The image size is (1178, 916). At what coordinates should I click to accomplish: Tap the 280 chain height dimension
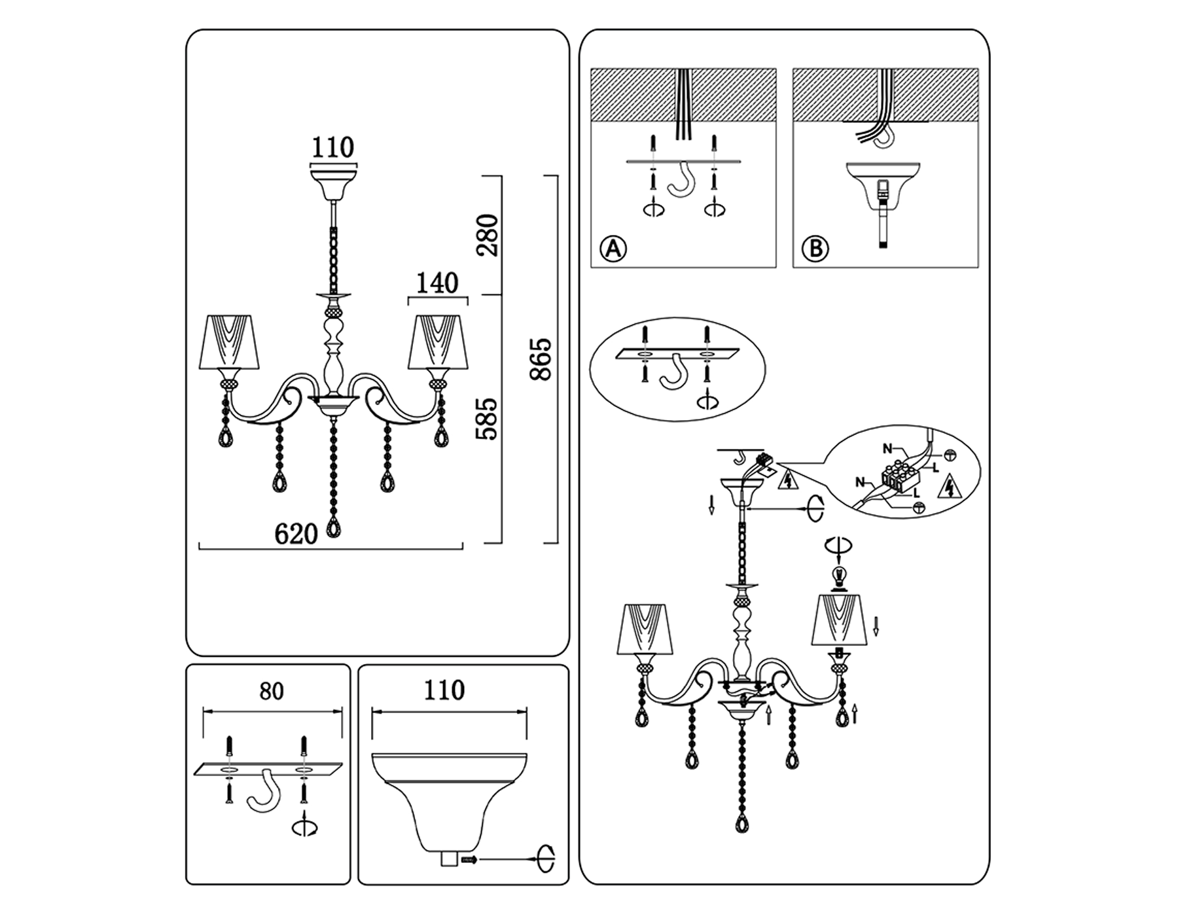click(x=488, y=235)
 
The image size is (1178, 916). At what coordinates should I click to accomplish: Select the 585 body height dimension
click(x=488, y=419)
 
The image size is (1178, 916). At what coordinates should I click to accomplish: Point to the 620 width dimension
click(x=296, y=534)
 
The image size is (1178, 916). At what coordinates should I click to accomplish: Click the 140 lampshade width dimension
click(x=437, y=284)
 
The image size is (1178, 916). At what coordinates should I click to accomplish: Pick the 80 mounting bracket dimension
click(x=272, y=692)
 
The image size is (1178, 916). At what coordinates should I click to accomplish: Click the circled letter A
click(x=613, y=249)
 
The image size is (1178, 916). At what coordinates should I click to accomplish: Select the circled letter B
click(x=815, y=249)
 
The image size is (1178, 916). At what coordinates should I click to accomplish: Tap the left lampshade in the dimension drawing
click(x=228, y=342)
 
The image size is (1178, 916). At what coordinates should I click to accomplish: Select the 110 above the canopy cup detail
click(x=444, y=691)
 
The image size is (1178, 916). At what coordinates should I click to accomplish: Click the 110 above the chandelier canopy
click(x=332, y=148)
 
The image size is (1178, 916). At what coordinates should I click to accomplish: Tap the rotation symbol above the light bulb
click(x=838, y=544)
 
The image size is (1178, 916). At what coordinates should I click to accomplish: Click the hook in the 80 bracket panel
click(x=265, y=791)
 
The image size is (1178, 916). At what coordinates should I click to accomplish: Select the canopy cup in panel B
click(x=883, y=183)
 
